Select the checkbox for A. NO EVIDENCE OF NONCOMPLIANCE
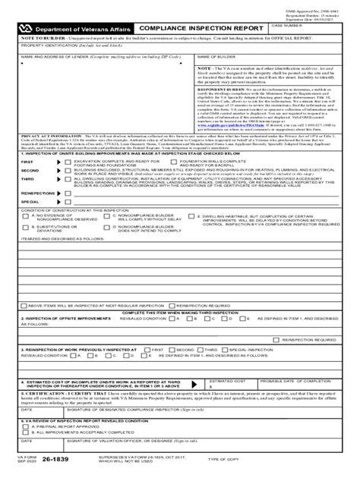click(x=27, y=216)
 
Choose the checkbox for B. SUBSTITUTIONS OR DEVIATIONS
click(x=27, y=227)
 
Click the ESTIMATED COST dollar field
click(x=231, y=385)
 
